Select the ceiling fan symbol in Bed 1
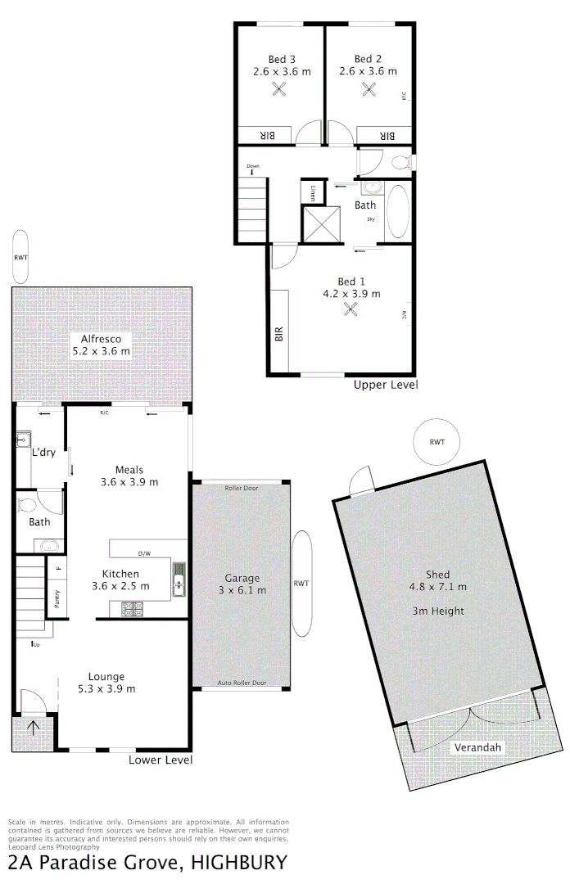pos(352,309)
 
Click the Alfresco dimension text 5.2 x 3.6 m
pos(101,351)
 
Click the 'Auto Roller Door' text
pos(242,683)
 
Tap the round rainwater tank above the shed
pos(437,442)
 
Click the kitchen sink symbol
pos(179,580)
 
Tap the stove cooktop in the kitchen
pos(132,608)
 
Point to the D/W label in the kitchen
pos(144,552)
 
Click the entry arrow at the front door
pos(34,728)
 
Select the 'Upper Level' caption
pos(385,385)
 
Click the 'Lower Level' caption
pos(161,760)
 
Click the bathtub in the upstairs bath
pos(397,213)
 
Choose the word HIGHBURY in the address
pos(239,862)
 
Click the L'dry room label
pos(43,452)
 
